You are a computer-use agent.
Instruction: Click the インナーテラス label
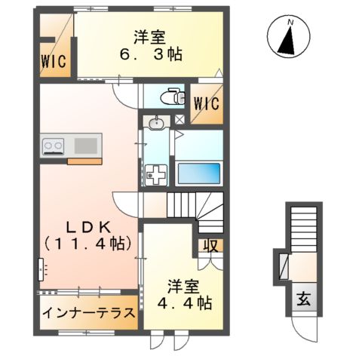pyautogui.click(x=88, y=312)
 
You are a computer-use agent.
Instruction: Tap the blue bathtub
pyautogui.click(x=198, y=173)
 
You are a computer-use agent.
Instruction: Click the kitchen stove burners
pyautogui.click(x=54, y=145)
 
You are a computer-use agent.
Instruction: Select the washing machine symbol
pyautogui.click(x=157, y=174)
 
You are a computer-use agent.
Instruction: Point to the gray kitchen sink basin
pyautogui.click(x=85, y=143)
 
